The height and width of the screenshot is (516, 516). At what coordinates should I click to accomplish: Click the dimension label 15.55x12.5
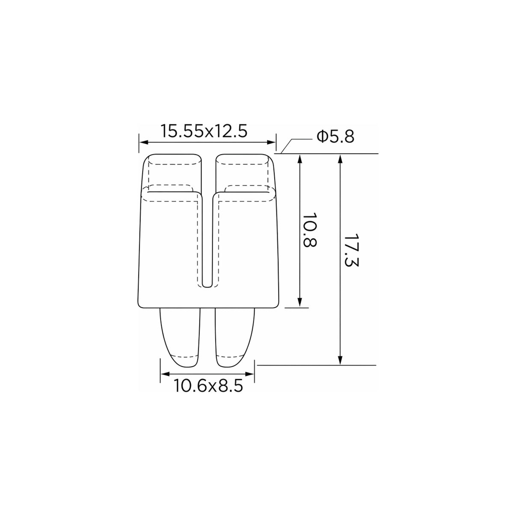(x=204, y=131)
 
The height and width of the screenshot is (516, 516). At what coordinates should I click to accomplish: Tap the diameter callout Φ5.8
(x=335, y=137)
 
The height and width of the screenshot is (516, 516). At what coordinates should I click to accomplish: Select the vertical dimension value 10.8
(x=311, y=230)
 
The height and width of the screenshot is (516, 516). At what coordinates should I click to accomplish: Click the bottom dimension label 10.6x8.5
(x=209, y=386)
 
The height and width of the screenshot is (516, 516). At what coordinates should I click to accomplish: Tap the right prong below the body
(x=234, y=338)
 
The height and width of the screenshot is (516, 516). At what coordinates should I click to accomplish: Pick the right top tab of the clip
(x=244, y=173)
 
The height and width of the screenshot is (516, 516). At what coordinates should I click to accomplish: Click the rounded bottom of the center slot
(x=207, y=286)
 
